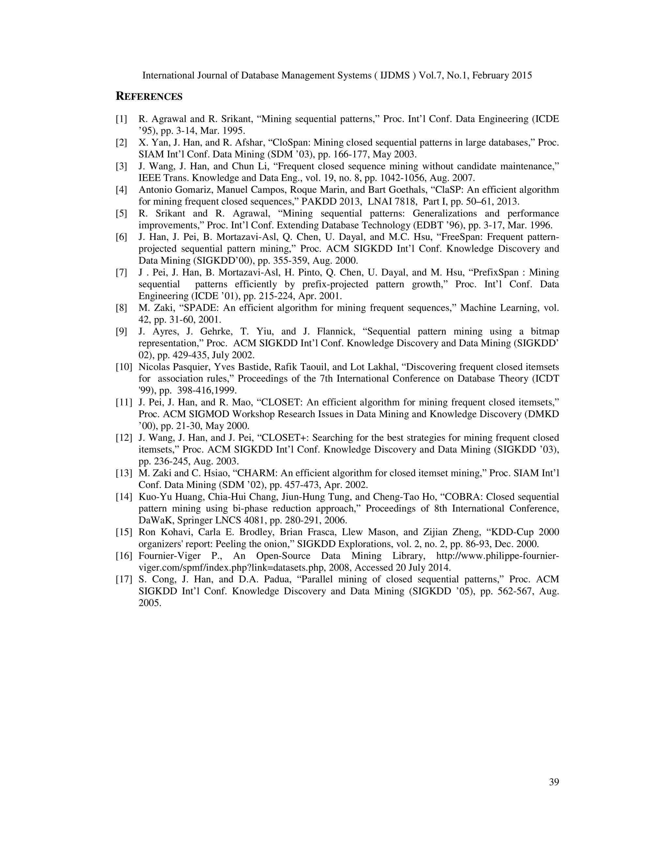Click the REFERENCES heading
coord(149,97)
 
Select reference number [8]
coord(121,308)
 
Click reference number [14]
coord(124,497)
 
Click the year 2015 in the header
coord(520,75)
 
